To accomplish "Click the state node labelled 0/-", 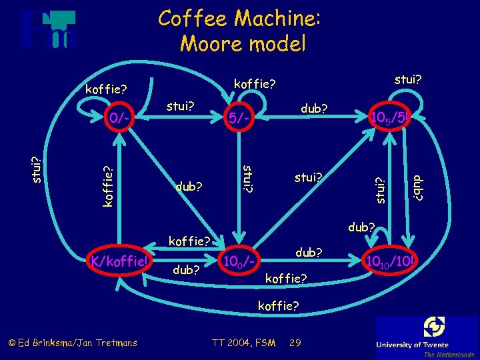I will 121,118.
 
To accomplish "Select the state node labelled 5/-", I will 239,119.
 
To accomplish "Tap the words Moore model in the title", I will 243,44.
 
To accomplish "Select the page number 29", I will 296,343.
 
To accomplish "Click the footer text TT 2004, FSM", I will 243,343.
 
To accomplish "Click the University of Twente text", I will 427,345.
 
